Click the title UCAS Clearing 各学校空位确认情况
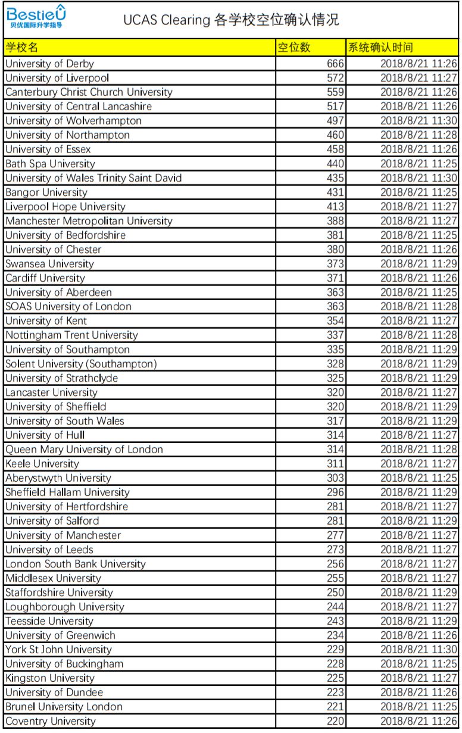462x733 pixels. tap(231, 20)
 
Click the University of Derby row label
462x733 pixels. tap(49, 64)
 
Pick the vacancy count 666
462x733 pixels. tap(335, 64)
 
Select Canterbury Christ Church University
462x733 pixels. tap(89, 92)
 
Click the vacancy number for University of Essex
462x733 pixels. tap(335, 149)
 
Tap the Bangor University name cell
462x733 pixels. tap(46, 192)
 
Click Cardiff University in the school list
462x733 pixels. tap(45, 278)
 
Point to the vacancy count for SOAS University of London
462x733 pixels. tap(335, 307)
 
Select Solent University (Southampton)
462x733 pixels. tap(81, 364)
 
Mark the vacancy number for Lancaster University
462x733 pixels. tap(335, 392)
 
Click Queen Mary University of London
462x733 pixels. tap(84, 450)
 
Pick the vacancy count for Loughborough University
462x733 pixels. tap(335, 607)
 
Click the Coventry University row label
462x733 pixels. tap(51, 721)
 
